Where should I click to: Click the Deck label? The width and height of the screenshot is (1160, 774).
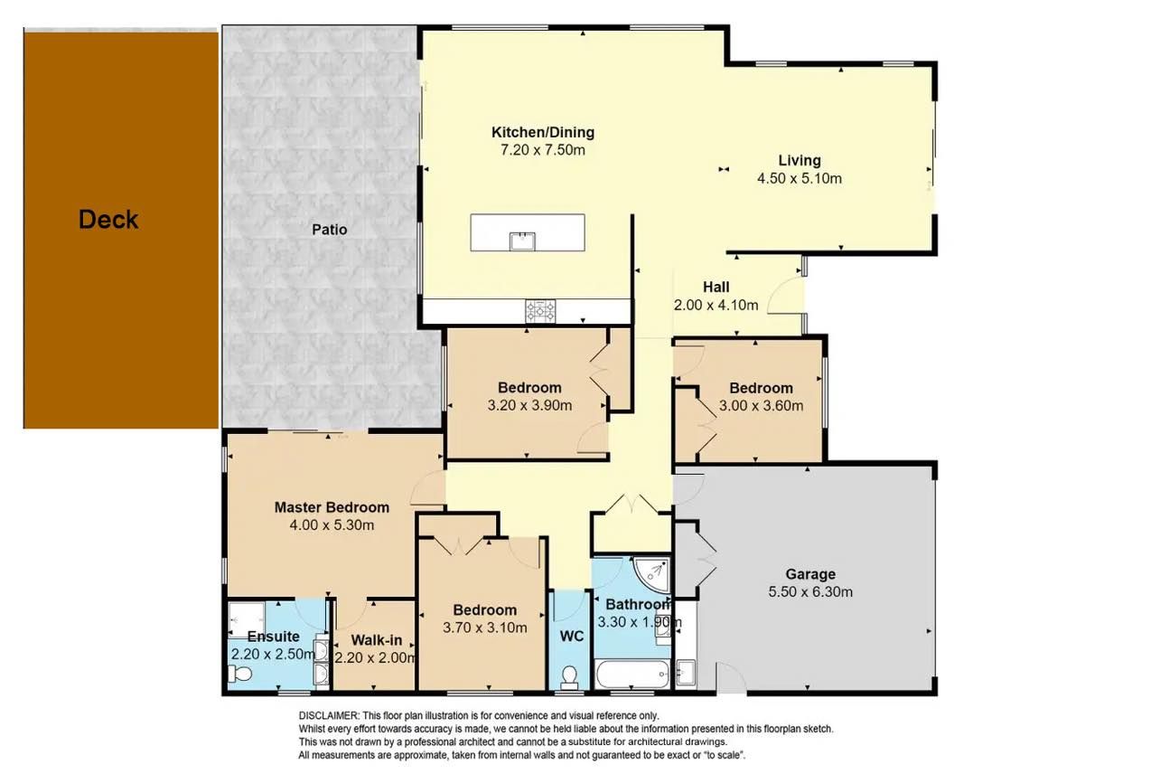pos(108,220)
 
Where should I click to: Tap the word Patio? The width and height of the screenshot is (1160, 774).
pos(330,230)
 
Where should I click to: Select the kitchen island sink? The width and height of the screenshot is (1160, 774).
pos(522,241)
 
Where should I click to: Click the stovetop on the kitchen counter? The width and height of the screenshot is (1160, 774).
pos(540,311)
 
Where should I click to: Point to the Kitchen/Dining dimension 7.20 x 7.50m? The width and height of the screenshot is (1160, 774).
pos(543,150)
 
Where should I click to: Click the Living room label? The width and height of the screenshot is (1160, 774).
pos(800,161)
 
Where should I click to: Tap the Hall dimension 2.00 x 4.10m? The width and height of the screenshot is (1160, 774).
pos(716,305)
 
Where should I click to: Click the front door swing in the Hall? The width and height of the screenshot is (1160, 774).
pos(784,296)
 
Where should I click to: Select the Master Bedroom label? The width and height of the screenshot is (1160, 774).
pos(332,507)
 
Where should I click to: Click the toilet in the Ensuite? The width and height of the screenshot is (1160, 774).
pos(239,674)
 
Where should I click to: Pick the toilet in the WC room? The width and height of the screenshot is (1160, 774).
pos(570,676)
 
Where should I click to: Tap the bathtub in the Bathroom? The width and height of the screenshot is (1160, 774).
pos(632,674)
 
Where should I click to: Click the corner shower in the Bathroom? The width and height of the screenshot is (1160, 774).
pos(652,575)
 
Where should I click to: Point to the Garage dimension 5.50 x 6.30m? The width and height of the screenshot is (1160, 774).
pos(810,592)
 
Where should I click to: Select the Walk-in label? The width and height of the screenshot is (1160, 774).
pos(377,640)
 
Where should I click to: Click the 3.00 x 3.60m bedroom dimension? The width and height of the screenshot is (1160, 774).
pos(762,405)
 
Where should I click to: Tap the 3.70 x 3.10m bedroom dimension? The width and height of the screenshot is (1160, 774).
pos(485,628)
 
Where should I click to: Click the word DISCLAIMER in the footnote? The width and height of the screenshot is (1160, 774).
pos(329,716)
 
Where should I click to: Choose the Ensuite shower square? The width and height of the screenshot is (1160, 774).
pos(247,619)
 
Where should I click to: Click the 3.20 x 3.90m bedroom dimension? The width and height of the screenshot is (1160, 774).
pos(529,405)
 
